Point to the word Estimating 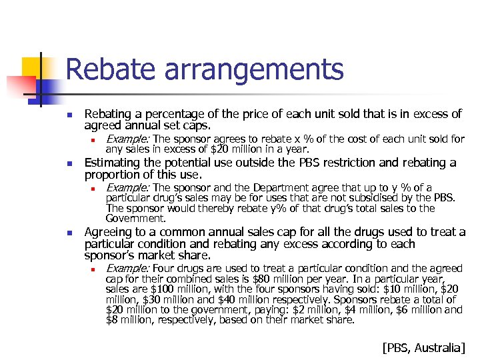(x=118, y=163)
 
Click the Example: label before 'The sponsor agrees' (x=129, y=139)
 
